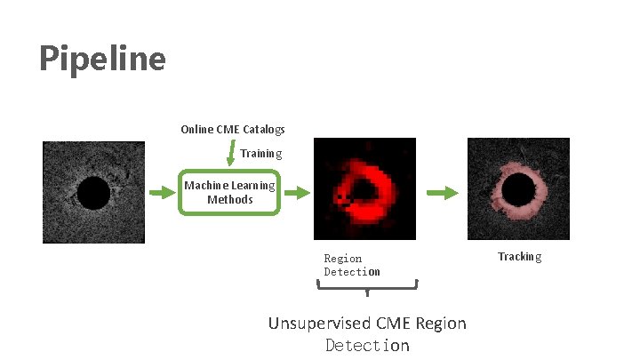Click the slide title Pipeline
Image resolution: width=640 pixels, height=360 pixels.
point(102,60)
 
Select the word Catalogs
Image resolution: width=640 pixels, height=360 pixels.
point(264,130)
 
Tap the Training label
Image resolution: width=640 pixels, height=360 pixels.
point(260,153)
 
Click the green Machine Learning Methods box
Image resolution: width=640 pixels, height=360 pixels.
point(230,192)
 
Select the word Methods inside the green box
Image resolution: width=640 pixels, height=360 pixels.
point(230,200)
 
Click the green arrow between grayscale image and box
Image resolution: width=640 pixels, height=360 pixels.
point(160,192)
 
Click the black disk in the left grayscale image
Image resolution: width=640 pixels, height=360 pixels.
point(93,193)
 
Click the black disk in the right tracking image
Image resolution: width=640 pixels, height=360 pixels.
point(517,191)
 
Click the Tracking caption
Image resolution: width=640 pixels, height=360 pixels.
point(519,256)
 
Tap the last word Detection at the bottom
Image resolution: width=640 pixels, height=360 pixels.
point(367,345)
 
